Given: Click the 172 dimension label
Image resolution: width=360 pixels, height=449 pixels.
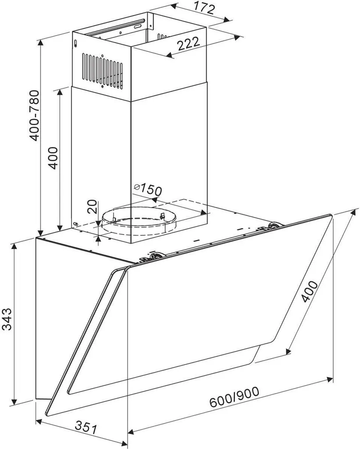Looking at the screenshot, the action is point(204,7).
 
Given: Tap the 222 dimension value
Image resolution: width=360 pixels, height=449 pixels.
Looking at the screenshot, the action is point(188,43).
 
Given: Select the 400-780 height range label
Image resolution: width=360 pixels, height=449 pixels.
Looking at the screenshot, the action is point(34,115).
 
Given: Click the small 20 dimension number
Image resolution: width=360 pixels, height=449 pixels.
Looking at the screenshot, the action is point(92,207).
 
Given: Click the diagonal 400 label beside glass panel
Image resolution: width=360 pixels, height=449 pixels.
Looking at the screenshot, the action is point(310,292).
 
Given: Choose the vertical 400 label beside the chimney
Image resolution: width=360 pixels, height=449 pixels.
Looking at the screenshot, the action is point(53,158).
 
